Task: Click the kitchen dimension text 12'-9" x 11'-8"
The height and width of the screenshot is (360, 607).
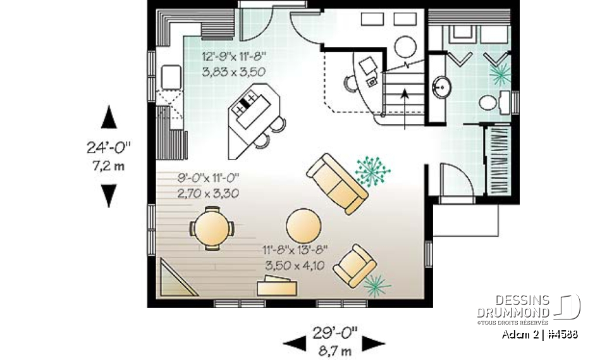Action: [x=233, y=56]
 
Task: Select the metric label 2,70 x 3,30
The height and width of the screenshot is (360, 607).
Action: [x=208, y=194]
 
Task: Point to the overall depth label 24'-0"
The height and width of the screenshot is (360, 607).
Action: [x=109, y=149]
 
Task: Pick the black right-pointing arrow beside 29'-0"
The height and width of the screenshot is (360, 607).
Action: [x=374, y=343]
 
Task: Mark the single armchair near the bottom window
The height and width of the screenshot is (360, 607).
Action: [x=355, y=265]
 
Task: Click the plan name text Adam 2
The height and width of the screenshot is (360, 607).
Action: [x=517, y=335]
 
